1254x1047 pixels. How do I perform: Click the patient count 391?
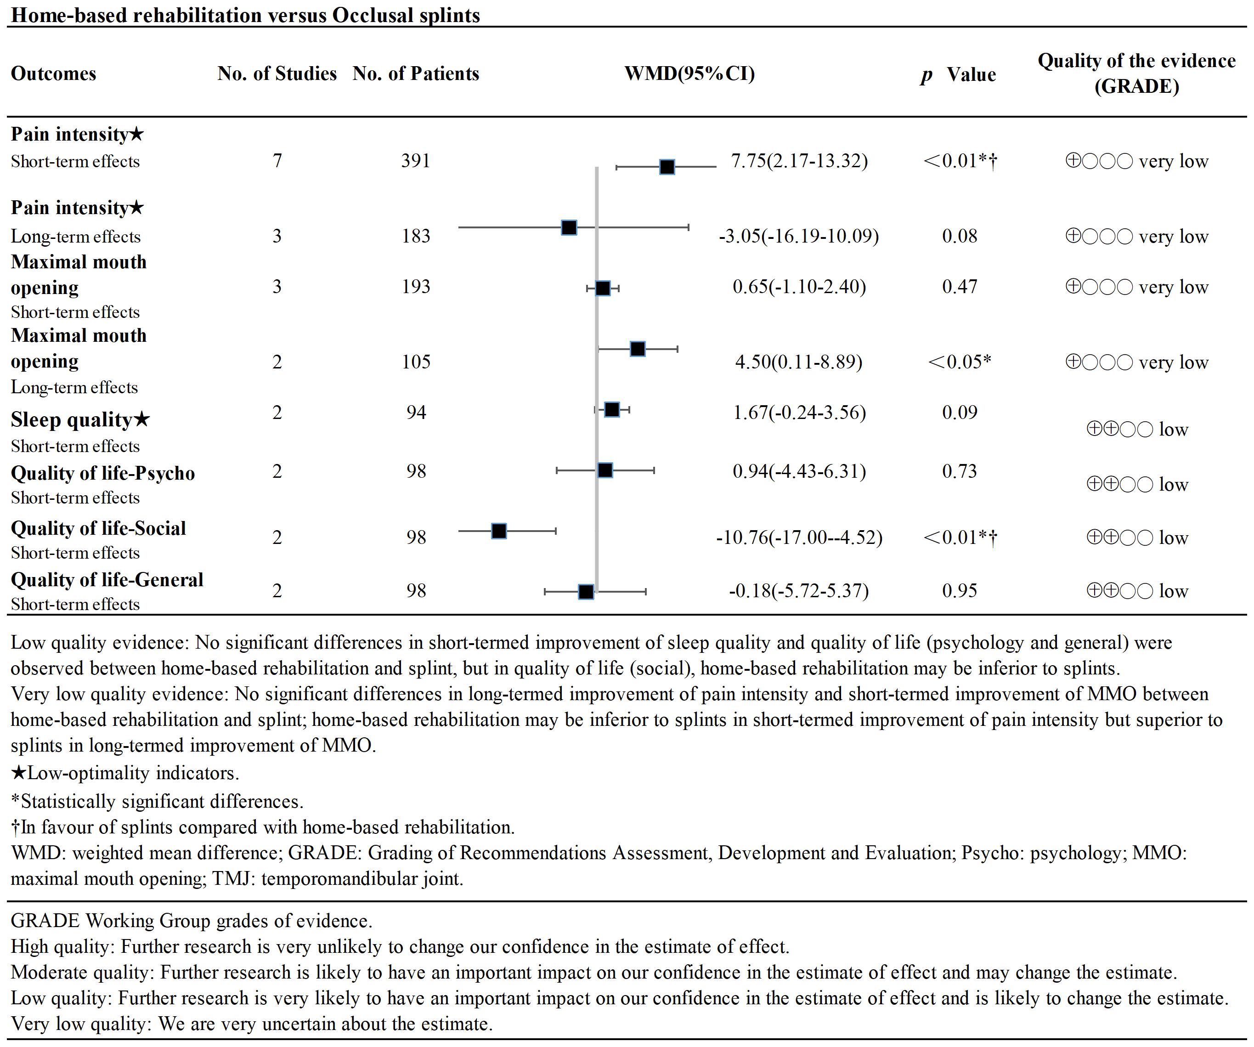pos(416,161)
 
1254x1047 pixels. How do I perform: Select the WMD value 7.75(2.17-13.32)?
pos(799,161)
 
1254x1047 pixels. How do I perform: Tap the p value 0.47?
pos(959,287)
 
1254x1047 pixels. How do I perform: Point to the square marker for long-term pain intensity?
pos(569,227)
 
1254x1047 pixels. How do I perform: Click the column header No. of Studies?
pos(277,74)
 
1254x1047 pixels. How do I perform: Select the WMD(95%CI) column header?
pos(690,74)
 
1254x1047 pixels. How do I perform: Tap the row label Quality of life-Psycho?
pos(103,473)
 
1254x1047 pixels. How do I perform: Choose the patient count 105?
pos(416,362)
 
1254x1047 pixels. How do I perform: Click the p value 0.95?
pos(959,591)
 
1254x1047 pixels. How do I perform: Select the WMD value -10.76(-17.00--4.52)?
pos(799,538)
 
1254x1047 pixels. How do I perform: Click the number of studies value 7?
pos(277,161)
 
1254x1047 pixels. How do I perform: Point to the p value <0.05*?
pos(959,362)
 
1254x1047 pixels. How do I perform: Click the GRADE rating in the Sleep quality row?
pos(1136,430)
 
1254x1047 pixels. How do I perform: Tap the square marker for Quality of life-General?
pos(586,592)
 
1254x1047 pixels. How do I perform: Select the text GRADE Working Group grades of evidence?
pos(191,921)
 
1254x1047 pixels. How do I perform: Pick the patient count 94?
pos(416,413)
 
